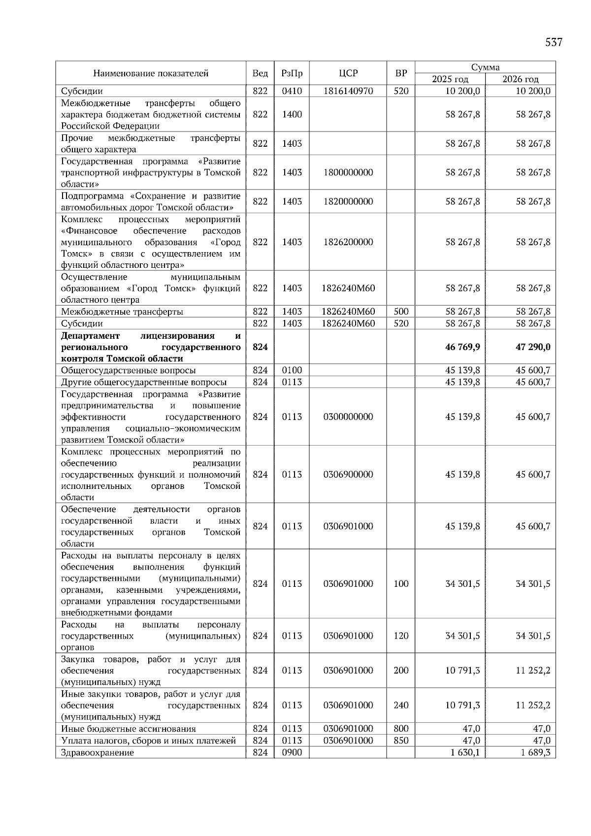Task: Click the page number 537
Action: click(553, 42)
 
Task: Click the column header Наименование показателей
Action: click(151, 73)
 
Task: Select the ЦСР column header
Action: click(348, 73)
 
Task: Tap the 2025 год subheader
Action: click(450, 79)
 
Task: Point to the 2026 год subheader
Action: click(520, 79)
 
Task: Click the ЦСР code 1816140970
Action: click(348, 91)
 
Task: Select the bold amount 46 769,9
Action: click(462, 347)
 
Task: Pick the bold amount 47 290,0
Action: click(533, 347)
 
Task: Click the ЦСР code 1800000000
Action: click(348, 172)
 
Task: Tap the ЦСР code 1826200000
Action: click(348, 242)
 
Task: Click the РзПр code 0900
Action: click(292, 752)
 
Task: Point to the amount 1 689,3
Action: click(535, 752)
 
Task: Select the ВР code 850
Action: click(401, 740)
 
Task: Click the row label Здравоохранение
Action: click(97, 753)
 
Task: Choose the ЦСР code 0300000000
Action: click(348, 417)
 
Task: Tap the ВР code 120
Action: click(401, 636)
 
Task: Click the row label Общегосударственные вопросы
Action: click(128, 370)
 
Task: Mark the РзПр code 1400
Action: click(292, 114)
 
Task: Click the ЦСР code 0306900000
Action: click(348, 475)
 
